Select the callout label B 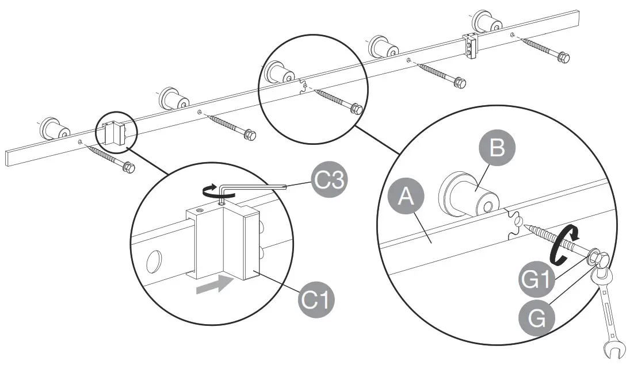[x=497, y=148]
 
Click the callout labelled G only [x=536, y=317]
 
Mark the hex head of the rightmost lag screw [x=565, y=58]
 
